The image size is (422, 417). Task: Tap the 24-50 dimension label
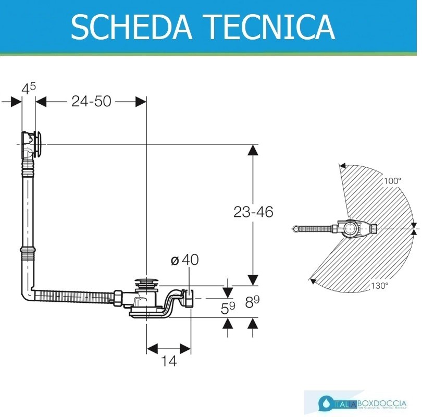(x=91, y=101)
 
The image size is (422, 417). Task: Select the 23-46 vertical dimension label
(x=253, y=212)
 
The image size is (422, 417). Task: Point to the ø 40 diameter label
(x=184, y=260)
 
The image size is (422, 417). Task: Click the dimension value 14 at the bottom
(x=169, y=360)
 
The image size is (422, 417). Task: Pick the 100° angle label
(x=392, y=181)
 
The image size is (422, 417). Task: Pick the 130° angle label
(x=380, y=286)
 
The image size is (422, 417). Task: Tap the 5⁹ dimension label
(x=228, y=308)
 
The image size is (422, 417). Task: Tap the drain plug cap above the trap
(x=146, y=283)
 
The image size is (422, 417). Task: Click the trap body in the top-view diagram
(x=354, y=228)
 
